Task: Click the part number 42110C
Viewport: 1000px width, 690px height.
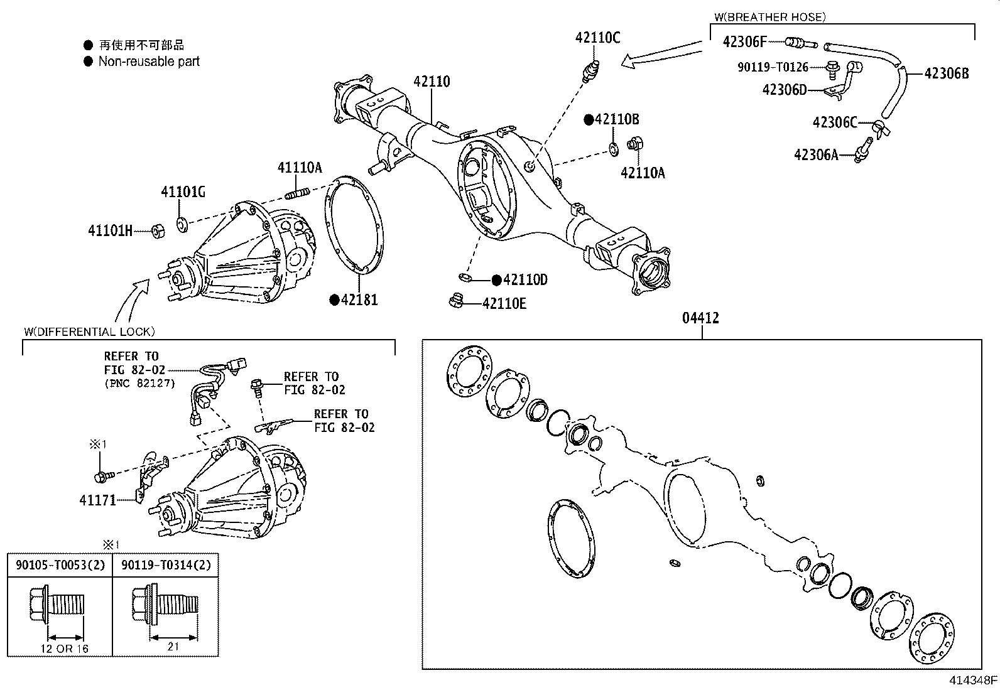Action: [597, 38]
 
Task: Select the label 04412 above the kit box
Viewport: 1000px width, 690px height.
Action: [700, 318]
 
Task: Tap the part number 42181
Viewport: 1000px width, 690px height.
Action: [359, 299]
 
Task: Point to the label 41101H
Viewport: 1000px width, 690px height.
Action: [110, 231]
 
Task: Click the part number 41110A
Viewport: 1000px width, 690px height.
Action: [300, 167]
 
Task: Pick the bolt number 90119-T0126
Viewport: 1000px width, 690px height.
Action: [772, 67]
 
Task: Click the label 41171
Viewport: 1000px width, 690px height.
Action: [97, 500]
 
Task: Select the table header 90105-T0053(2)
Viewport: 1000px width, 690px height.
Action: [60, 565]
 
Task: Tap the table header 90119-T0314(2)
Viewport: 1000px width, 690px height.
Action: [166, 565]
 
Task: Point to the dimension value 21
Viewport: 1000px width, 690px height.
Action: [173, 646]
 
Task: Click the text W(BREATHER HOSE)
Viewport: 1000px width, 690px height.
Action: [770, 17]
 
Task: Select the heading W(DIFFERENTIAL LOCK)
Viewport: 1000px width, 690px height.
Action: [89, 332]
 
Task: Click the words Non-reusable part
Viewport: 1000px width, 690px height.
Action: [149, 62]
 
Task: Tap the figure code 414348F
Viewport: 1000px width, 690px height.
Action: [972, 680]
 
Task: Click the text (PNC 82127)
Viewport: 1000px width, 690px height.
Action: [140, 383]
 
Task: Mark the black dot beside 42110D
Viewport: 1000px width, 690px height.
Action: [496, 280]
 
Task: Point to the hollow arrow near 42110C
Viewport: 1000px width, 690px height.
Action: [660, 54]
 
